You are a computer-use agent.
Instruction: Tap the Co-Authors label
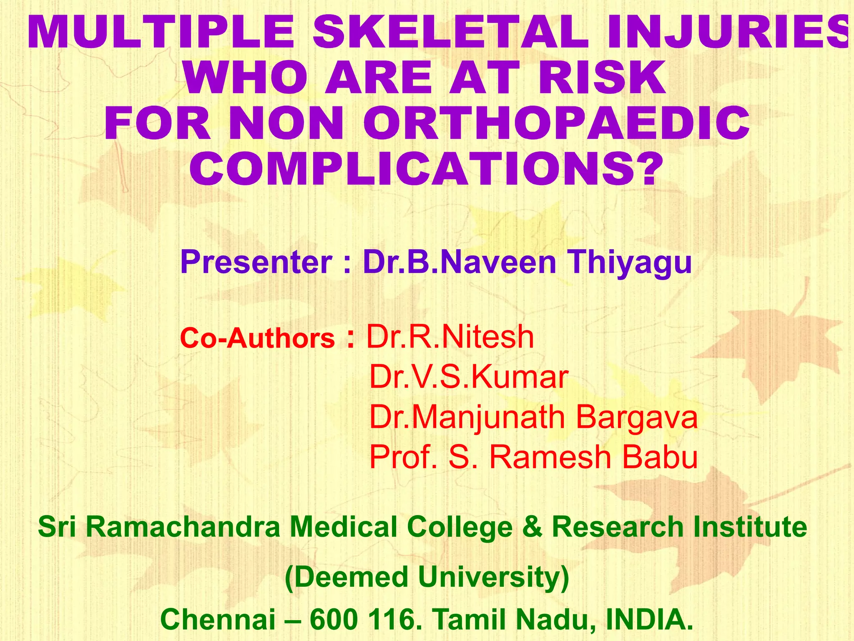(x=257, y=338)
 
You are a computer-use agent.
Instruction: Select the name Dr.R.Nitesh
(x=450, y=337)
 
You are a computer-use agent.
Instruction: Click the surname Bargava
(x=636, y=417)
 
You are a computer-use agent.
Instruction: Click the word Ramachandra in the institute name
(x=183, y=527)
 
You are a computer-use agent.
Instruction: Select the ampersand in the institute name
(x=532, y=527)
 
